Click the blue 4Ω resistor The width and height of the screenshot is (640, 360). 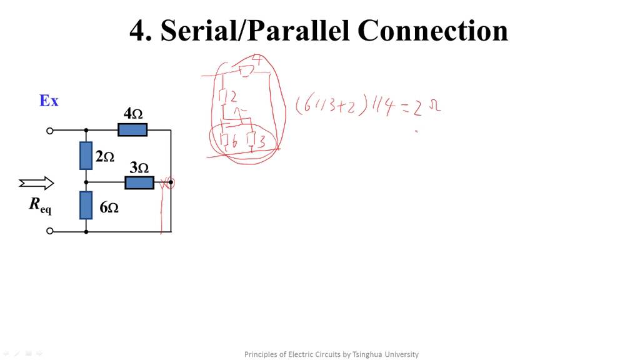click(132, 130)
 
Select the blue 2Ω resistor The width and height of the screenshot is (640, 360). click(86, 156)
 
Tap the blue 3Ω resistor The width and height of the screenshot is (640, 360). click(139, 182)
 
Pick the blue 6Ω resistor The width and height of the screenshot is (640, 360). click(86, 205)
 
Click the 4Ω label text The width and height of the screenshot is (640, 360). click(133, 114)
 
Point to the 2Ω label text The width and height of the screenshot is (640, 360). click(104, 157)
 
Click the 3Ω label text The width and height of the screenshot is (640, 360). click(139, 167)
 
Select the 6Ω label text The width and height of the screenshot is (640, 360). click(109, 207)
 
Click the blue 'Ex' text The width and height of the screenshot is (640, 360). click(49, 101)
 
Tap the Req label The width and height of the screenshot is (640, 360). click(40, 205)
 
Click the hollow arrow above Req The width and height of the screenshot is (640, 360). click(36, 183)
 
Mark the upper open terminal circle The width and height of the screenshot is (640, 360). click(50, 131)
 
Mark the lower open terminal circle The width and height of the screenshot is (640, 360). click(50, 231)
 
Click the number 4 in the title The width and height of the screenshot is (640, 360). click(137, 30)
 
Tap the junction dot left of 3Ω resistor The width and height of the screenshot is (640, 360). click(86, 182)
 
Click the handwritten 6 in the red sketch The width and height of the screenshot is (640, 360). click(234, 142)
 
